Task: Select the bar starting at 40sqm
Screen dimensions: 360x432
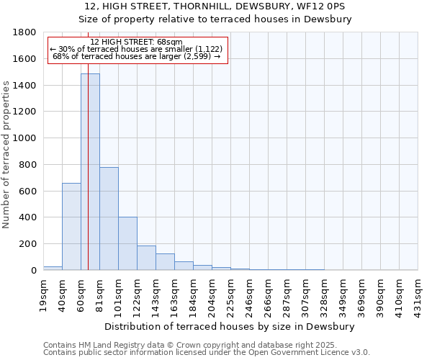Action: click(x=71, y=227)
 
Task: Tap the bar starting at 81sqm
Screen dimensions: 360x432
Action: click(x=109, y=219)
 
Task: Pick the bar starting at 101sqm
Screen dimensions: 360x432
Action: click(x=127, y=243)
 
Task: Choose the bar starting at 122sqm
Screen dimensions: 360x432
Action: click(x=146, y=258)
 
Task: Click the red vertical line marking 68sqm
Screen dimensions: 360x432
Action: click(x=88, y=180)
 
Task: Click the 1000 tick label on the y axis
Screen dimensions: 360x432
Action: click(x=24, y=138)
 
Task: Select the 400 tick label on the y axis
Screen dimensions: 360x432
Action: click(x=27, y=217)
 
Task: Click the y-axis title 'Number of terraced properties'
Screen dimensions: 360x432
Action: click(x=7, y=155)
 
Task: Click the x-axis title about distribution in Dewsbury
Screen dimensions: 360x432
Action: click(x=230, y=326)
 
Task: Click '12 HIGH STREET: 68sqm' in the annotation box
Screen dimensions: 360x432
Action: click(x=137, y=42)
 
